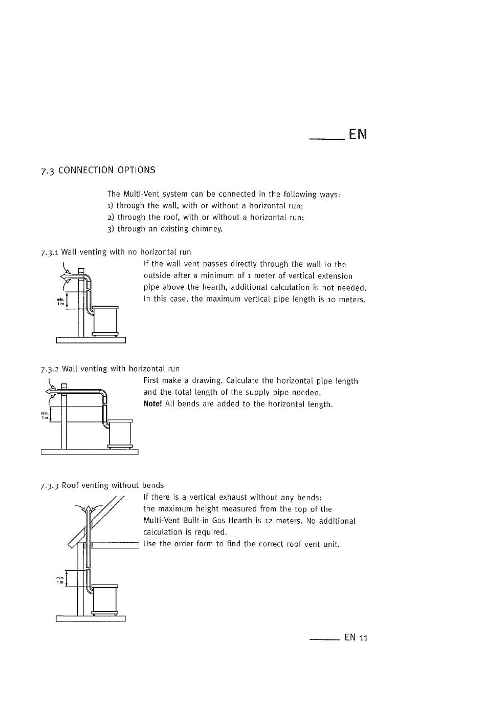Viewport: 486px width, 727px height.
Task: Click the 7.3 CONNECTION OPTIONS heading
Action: point(98,170)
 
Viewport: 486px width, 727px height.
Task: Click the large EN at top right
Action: point(358,134)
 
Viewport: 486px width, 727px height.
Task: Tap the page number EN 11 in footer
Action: point(356,637)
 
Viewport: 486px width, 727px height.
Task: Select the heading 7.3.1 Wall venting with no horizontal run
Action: point(116,252)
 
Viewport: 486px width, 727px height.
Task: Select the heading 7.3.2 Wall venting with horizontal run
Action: point(110,369)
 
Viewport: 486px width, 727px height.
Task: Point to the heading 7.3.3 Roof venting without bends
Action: point(102,485)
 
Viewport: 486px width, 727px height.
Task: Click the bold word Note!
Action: point(152,404)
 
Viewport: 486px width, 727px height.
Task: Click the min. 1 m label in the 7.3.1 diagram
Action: point(60,303)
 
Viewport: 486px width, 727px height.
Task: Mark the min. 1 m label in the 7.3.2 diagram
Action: point(45,415)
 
